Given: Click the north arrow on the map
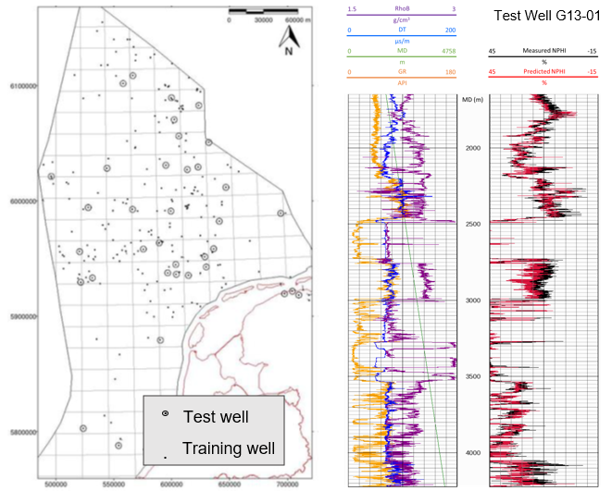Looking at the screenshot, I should pyautogui.click(x=291, y=37).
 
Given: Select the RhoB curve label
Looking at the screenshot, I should pyautogui.click(x=403, y=8).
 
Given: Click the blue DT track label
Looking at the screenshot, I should pyautogui.click(x=402, y=30).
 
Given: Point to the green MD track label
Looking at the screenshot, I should pyautogui.click(x=402, y=51).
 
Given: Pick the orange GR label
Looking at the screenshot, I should pyautogui.click(x=402, y=72).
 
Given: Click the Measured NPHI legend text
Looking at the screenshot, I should pyautogui.click(x=543, y=51).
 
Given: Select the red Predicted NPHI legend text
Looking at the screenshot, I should pyautogui.click(x=543, y=72).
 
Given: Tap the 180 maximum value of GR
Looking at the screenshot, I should pyautogui.click(x=450, y=72).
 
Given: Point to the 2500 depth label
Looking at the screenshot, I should pyautogui.click(x=472, y=224).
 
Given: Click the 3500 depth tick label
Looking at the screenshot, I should pyautogui.click(x=472, y=376).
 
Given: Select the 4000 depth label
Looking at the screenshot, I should pyautogui.click(x=472, y=452).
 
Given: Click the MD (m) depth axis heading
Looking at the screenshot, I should pyautogui.click(x=472, y=100).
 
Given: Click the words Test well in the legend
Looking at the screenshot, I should pyautogui.click(x=216, y=417).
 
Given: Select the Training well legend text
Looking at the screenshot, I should pyautogui.click(x=229, y=448).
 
